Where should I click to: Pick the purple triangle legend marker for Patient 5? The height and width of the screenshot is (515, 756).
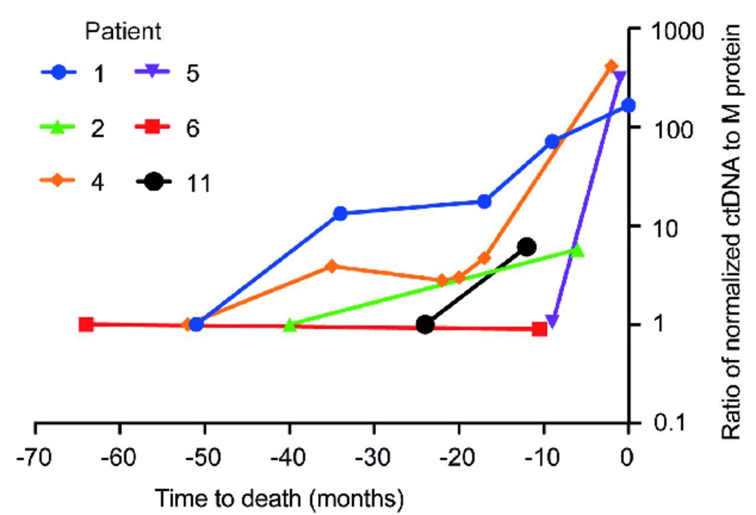[153, 74]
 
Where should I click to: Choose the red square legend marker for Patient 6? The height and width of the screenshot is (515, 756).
[153, 128]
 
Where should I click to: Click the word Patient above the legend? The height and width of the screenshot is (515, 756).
[123, 31]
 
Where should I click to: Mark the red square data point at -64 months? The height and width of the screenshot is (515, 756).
[86, 324]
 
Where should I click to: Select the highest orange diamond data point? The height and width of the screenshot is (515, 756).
[611, 66]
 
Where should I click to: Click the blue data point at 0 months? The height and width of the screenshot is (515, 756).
[628, 105]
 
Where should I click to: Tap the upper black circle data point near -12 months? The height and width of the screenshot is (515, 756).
[527, 247]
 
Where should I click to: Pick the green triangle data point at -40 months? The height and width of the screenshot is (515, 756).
[289, 325]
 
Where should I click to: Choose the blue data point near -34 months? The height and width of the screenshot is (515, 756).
[340, 213]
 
